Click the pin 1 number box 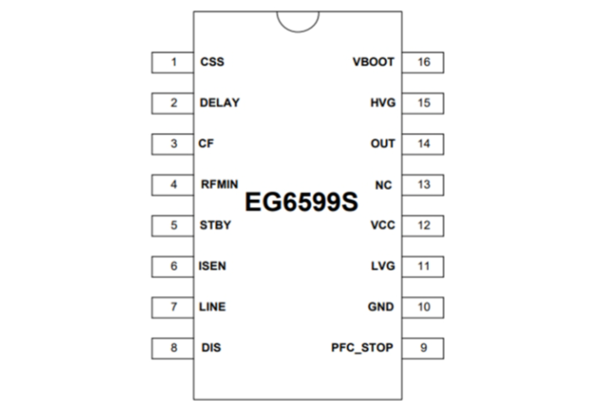[x=173, y=62]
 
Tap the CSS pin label [x=212, y=62]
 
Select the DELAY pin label [x=220, y=103]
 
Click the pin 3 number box [x=173, y=144]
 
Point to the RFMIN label [x=220, y=185]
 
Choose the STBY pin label [x=215, y=225]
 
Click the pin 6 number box [x=173, y=267]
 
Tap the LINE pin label [x=213, y=307]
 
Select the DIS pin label [x=211, y=348]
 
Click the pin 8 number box [x=173, y=348]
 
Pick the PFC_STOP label [x=362, y=348]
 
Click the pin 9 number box [x=424, y=348]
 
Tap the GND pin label [x=381, y=307]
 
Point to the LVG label [x=382, y=267]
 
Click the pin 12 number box [x=424, y=225]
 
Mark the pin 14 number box [x=424, y=144]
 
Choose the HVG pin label [x=382, y=103]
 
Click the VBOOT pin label [x=373, y=62]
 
